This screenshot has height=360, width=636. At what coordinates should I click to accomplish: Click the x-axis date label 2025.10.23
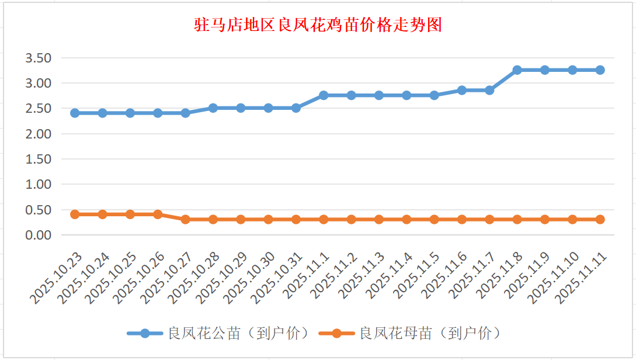[x=57, y=278]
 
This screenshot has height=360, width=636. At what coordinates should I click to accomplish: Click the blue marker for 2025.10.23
[x=75, y=113]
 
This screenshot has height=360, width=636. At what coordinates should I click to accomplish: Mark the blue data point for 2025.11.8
[x=517, y=70]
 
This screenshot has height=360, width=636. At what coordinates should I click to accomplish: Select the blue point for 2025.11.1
[x=324, y=95]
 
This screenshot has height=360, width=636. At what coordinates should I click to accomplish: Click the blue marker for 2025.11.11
[x=600, y=70]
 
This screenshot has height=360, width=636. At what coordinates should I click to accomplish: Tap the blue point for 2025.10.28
[x=213, y=108]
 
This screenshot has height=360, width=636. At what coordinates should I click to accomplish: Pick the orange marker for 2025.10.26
[x=158, y=214]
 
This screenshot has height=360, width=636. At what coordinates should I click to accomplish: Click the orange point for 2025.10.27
[x=185, y=220]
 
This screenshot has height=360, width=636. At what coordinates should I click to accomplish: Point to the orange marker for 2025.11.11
[x=600, y=220]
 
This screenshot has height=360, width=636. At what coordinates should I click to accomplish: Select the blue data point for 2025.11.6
[x=462, y=90]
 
